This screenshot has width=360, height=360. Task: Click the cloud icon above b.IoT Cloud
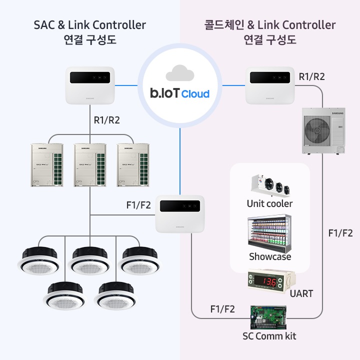click(x=180, y=73)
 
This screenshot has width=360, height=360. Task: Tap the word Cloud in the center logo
click(x=195, y=93)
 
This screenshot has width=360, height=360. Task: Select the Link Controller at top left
click(x=90, y=84)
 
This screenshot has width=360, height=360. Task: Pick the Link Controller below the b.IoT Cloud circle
click(x=181, y=213)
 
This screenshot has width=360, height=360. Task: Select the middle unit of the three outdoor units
click(x=90, y=164)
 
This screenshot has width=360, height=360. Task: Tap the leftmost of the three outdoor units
click(x=47, y=164)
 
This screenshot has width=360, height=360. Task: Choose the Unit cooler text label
click(x=269, y=203)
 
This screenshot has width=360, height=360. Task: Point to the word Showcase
click(x=270, y=256)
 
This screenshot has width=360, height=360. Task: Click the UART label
click(x=301, y=293)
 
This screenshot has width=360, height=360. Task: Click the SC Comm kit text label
click(x=269, y=336)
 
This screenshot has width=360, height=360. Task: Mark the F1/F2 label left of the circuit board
click(x=222, y=309)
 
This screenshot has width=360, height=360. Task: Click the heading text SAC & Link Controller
click(x=90, y=24)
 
